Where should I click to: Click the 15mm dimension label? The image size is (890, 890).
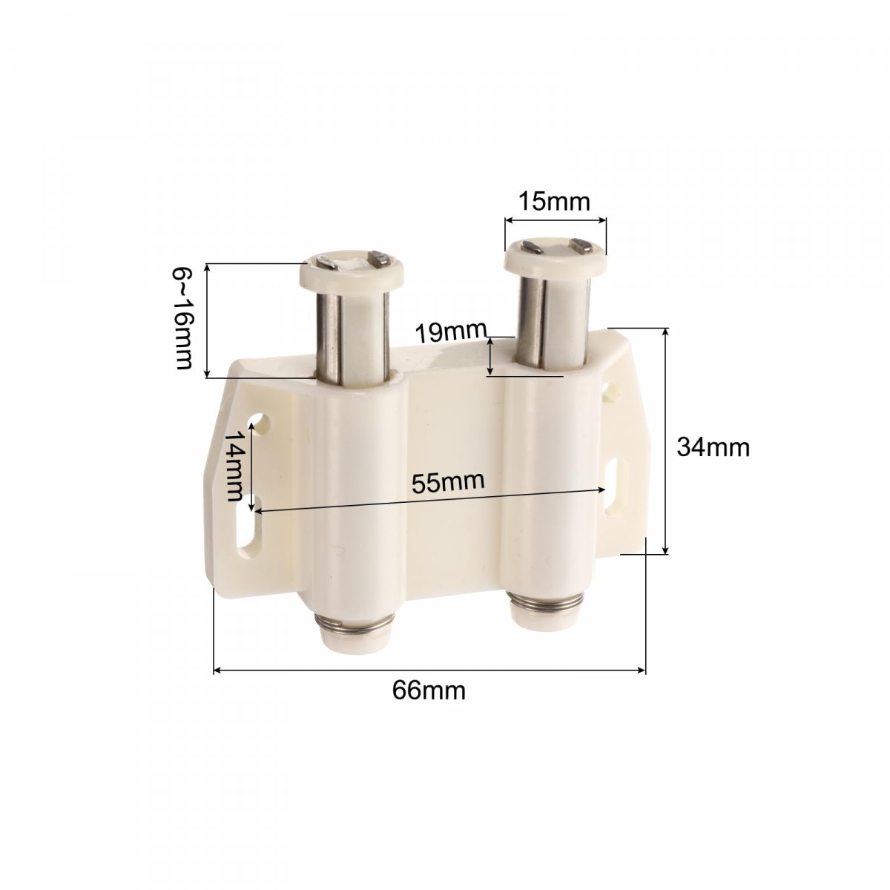(554, 202)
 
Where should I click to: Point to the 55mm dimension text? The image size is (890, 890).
(447, 482)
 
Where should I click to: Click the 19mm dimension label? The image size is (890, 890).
(451, 332)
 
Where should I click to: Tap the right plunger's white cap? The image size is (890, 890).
(554, 257)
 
